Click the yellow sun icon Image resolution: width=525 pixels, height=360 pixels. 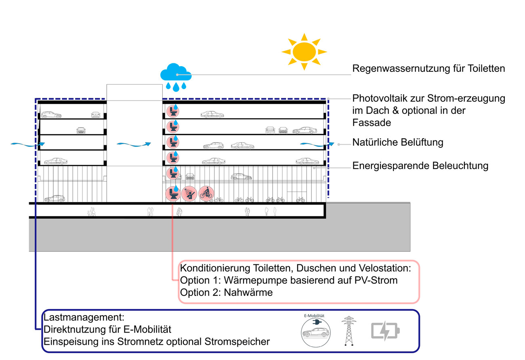[304, 51]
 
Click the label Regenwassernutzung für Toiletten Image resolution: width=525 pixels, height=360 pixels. [428, 68]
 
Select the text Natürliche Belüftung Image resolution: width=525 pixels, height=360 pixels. [398, 142]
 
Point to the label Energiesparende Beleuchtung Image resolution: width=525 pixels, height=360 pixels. [420, 165]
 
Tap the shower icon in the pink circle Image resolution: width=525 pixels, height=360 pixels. [189, 194]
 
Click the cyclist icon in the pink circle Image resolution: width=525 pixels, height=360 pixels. [206, 194]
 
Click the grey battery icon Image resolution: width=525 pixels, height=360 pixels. [385, 331]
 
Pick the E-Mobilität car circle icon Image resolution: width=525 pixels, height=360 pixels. [315, 332]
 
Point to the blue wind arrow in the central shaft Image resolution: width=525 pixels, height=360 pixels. [133, 143]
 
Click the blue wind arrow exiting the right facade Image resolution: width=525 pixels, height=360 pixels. [317, 143]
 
